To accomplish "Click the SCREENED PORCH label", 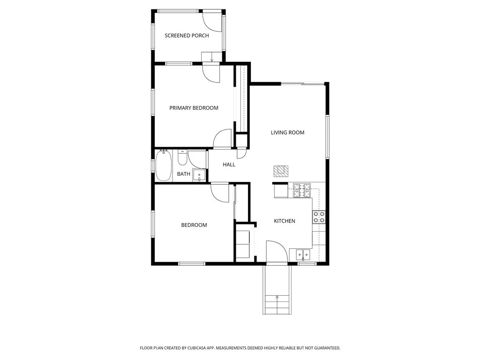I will [x=187, y=36].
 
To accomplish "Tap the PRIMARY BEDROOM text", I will [x=194, y=108].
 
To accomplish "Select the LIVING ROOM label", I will [x=287, y=133].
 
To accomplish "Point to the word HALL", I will [x=229, y=165].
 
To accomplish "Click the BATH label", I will [x=183, y=174].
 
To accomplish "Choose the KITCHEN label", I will [x=285, y=221].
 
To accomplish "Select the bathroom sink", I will [x=200, y=176].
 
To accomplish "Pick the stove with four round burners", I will [x=319, y=217].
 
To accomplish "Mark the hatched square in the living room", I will [x=281, y=171].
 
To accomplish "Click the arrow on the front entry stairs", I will [x=277, y=297].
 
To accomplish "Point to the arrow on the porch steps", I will [x=212, y=59].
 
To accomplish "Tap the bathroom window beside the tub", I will [x=153, y=165].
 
